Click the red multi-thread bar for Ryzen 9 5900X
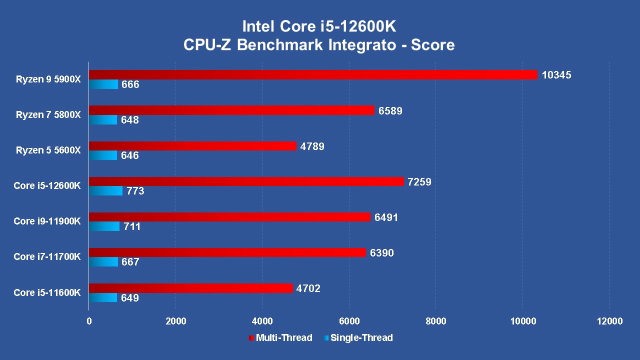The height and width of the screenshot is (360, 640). [313, 75]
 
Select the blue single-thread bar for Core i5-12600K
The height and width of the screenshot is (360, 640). [105, 191]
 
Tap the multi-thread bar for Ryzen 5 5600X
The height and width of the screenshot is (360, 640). [192, 146]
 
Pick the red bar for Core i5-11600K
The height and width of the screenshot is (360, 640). [190, 288]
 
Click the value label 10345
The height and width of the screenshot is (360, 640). [556, 75]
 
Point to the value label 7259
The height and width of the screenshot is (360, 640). [419, 182]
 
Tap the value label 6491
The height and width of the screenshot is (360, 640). [386, 217]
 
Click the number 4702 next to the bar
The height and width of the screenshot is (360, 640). [308, 288]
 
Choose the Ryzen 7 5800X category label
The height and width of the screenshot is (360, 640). [48, 115]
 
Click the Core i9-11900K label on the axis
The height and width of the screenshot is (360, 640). [47, 221]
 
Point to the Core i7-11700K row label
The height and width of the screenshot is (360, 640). [47, 257]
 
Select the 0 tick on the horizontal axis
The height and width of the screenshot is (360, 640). [89, 321]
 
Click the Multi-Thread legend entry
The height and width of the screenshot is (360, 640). [280, 338]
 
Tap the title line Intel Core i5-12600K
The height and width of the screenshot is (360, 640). [319, 26]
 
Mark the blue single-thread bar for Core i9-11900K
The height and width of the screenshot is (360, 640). [104, 226]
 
